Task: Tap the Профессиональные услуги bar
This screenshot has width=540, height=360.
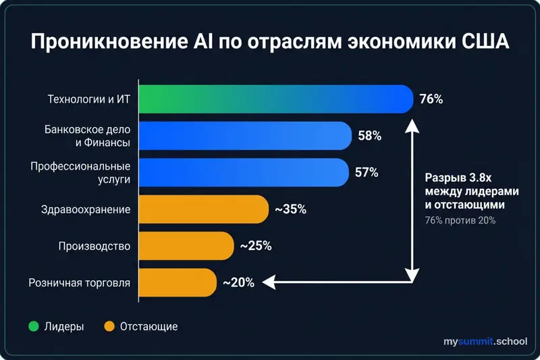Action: click(x=244, y=172)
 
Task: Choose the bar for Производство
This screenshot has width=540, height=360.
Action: click(x=186, y=246)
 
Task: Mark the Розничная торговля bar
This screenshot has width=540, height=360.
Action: click(x=178, y=282)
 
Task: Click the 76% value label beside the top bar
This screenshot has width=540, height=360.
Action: click(x=431, y=99)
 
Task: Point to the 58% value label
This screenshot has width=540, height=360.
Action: click(x=369, y=136)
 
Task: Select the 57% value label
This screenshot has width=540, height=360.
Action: click(x=367, y=172)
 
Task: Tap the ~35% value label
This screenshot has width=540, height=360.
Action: click(x=290, y=209)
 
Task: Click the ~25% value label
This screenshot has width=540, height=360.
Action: click(x=256, y=246)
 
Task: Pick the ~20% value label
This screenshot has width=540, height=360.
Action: click(x=238, y=282)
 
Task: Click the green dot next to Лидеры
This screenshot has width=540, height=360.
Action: click(x=32, y=327)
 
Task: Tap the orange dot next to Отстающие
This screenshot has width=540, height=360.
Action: click(x=109, y=327)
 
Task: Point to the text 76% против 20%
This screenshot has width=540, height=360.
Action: click(x=460, y=220)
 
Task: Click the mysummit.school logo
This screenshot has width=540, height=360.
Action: click(x=485, y=342)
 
